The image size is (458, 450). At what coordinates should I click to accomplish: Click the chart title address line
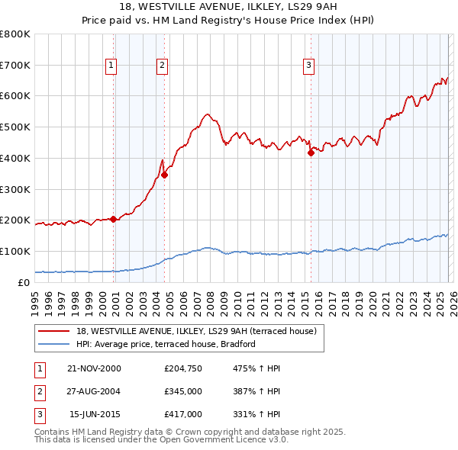click(229, 5)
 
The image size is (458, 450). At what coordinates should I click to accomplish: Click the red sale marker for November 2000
click(114, 219)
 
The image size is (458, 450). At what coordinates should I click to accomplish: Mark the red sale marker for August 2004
click(164, 175)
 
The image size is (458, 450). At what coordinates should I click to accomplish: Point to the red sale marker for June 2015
click(311, 153)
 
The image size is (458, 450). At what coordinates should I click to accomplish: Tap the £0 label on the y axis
click(23, 282)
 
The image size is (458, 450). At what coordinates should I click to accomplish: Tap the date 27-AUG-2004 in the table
click(94, 391)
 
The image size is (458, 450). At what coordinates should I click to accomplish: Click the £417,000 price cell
click(183, 414)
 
